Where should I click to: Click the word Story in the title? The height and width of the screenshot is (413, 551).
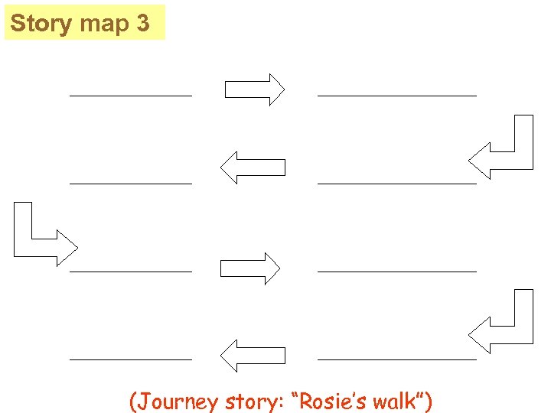(41, 24)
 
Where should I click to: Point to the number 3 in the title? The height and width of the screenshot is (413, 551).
(143, 24)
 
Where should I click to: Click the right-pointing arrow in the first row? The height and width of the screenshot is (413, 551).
(254, 89)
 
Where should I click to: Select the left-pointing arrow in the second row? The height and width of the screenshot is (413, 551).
(253, 167)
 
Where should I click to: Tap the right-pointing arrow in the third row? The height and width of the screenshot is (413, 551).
(250, 268)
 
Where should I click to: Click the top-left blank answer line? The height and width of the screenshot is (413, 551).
(131, 96)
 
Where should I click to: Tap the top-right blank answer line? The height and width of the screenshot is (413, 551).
(396, 96)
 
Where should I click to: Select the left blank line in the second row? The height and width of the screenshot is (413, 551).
(131, 184)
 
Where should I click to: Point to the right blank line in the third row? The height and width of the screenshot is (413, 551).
(396, 271)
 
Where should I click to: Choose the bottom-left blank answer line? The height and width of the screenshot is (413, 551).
(131, 359)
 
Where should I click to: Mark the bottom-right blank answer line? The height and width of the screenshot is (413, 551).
(396, 359)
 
